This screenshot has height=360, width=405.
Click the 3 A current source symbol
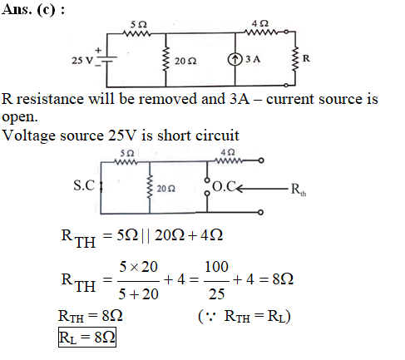coord(235,59)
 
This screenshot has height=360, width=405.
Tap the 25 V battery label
coord(82,61)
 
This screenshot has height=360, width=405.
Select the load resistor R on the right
coord(295,59)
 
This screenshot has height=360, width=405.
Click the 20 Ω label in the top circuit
coord(185,61)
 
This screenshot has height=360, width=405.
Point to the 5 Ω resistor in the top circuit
coord(136,34)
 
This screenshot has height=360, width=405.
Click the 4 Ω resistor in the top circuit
coord(260,32)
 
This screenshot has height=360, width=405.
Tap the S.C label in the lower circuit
coord(84,185)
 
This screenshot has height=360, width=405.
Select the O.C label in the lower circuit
coord(225,186)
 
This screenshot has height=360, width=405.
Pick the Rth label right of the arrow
coord(299,190)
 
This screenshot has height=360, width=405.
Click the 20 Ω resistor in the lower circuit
coord(150,186)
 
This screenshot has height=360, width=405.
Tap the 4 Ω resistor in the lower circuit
coord(229,160)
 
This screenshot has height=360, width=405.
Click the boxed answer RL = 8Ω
coord(87,338)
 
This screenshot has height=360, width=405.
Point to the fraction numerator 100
coord(216,267)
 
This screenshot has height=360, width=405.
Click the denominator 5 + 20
coord(138,294)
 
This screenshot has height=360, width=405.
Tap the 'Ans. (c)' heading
coord(33,10)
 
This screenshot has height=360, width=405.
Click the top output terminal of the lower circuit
coord(260,160)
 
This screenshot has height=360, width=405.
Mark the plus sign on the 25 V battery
coord(98,51)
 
